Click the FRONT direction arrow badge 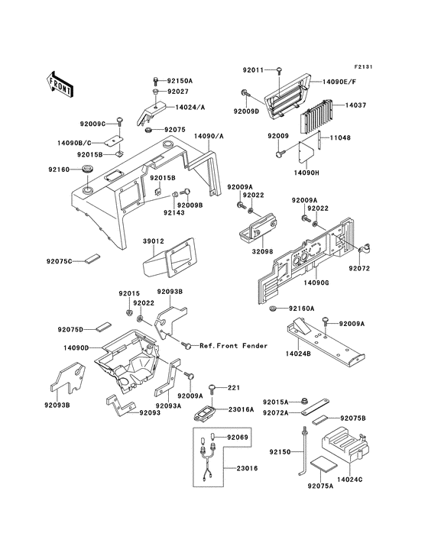60,83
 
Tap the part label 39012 153,242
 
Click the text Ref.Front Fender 233,346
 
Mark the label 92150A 180,80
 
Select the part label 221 232,387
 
